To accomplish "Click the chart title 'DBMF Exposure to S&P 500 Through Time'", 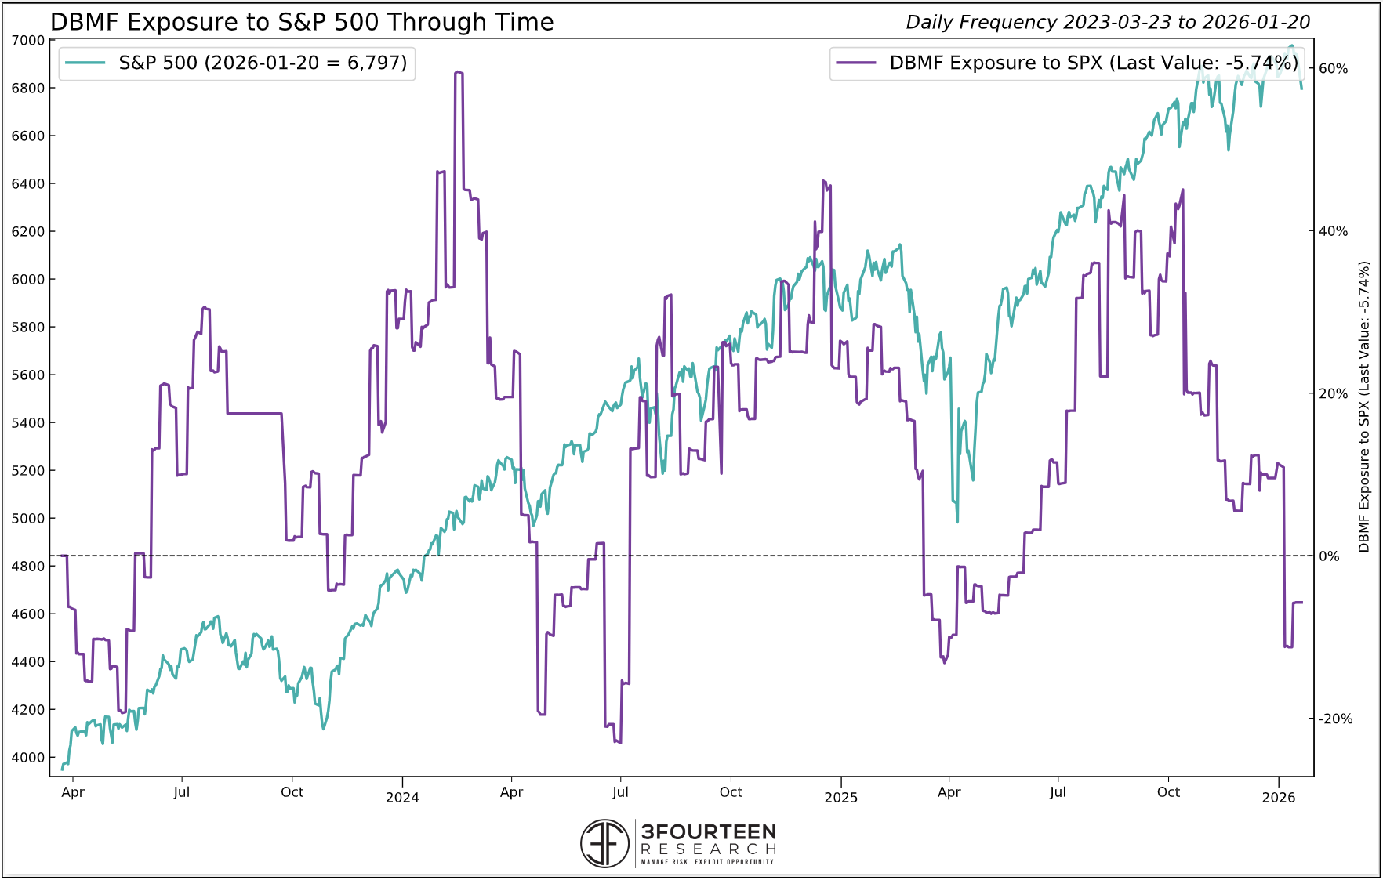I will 302,22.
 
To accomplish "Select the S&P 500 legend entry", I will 237,63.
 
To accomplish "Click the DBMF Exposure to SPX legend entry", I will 1066,63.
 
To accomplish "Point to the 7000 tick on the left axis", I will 28,40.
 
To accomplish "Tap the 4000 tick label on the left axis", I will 28,757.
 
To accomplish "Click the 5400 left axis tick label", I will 28,422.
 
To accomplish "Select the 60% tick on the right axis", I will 1333,68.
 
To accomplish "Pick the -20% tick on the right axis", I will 1335,719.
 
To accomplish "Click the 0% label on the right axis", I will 1329,556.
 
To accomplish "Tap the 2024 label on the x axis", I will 402,797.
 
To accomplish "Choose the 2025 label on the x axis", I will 840,797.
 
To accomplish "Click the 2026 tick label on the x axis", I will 1278,797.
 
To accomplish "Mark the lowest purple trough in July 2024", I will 619,741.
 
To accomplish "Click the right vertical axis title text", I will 1363,407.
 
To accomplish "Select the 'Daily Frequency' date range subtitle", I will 1107,22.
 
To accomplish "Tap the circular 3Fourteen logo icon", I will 604,843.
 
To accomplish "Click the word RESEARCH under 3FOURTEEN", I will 708,849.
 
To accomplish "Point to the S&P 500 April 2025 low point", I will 957,521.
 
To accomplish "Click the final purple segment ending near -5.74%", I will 1298,602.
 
